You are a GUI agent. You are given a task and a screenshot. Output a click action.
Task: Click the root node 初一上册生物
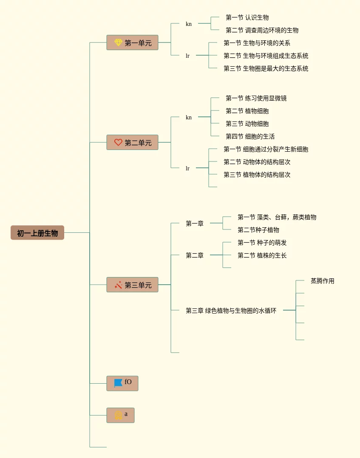click(37, 233)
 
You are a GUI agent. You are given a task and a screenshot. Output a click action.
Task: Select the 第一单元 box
click(132, 42)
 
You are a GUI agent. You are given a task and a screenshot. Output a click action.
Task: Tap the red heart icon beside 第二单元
click(118, 142)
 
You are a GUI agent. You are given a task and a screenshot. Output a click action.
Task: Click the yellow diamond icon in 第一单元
click(118, 42)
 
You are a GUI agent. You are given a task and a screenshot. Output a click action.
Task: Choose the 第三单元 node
click(132, 285)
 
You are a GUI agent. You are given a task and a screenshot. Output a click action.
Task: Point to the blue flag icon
click(118, 383)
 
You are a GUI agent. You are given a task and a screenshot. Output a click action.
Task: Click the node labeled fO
click(122, 383)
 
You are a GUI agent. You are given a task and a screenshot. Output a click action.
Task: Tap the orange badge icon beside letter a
click(118, 416)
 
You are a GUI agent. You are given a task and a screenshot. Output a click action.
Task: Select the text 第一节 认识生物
click(247, 17)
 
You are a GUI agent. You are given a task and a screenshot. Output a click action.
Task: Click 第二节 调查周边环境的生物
click(262, 31)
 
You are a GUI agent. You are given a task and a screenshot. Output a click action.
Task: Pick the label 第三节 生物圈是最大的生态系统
click(266, 69)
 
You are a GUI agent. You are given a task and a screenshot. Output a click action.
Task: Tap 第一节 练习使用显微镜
click(256, 98)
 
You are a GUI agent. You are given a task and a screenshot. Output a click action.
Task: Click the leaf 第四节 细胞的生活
click(250, 136)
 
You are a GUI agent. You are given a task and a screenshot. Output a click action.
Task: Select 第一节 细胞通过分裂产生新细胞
click(266, 149)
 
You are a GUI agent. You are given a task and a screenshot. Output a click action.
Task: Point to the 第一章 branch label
click(195, 223)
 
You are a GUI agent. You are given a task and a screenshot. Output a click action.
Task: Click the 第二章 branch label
click(195, 255)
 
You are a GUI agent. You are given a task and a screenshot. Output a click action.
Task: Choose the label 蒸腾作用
click(322, 281)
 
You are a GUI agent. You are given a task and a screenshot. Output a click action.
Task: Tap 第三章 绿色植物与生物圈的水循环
click(231, 311)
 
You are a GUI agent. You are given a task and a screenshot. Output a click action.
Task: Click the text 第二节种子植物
click(258, 230)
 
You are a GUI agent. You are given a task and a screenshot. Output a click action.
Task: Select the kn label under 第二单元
click(189, 117)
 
